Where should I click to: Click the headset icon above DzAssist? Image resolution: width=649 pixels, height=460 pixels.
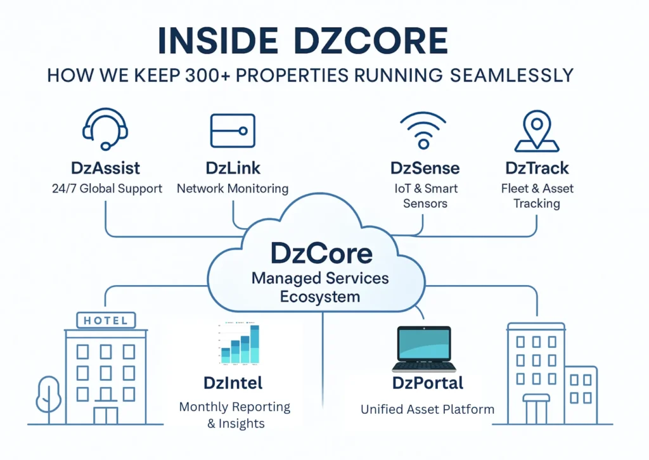pyautogui.click(x=105, y=128)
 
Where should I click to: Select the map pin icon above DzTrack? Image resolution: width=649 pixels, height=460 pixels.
pyautogui.click(x=536, y=131)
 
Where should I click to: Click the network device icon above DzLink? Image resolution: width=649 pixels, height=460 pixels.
pyautogui.click(x=233, y=131)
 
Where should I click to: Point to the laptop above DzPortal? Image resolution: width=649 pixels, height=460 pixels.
pyautogui.click(x=423, y=349)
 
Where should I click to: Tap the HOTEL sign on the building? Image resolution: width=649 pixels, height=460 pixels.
pyautogui.click(x=105, y=321)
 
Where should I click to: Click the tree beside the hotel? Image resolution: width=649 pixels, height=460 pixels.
pyautogui.click(x=48, y=396)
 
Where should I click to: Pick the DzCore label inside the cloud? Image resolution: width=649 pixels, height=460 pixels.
pyautogui.click(x=321, y=253)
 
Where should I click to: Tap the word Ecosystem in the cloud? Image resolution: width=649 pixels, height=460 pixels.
pyautogui.click(x=321, y=297)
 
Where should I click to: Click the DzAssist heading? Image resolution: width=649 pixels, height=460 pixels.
pyautogui.click(x=105, y=169)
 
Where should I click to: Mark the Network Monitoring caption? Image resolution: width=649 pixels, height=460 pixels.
pyautogui.click(x=232, y=188)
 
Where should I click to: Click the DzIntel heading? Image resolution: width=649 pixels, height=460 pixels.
pyautogui.click(x=233, y=383)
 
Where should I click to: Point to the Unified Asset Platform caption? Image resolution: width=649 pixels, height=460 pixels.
pyautogui.click(x=427, y=409)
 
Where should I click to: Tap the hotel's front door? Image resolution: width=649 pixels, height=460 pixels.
pyautogui.click(x=105, y=415)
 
